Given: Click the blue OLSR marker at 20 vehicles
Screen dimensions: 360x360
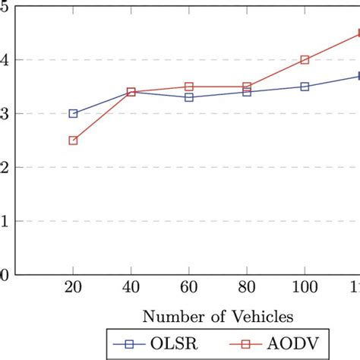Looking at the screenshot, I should pyautogui.click(x=73, y=113).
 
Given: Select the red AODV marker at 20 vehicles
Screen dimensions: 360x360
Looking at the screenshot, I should pyautogui.click(x=73, y=141).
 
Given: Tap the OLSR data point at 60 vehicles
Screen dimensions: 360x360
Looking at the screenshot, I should pyautogui.click(x=188, y=97).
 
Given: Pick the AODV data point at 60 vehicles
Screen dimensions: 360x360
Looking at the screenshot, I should pyautogui.click(x=188, y=87).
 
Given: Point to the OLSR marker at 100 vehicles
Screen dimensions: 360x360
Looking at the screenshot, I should pyautogui.click(x=305, y=87).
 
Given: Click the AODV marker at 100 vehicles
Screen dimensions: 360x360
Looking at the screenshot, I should pyautogui.click(x=305, y=59).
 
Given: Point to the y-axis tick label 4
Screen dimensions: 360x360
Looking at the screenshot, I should pyautogui.click(x=4, y=60).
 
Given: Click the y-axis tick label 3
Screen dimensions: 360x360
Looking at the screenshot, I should pyautogui.click(x=4, y=114).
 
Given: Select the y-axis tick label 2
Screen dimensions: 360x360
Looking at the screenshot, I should pyautogui.click(x=4, y=168).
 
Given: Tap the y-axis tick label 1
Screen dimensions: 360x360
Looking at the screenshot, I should pyautogui.click(x=4, y=222).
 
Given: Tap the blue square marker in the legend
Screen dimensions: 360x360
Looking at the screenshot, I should pyautogui.click(x=128, y=346).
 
